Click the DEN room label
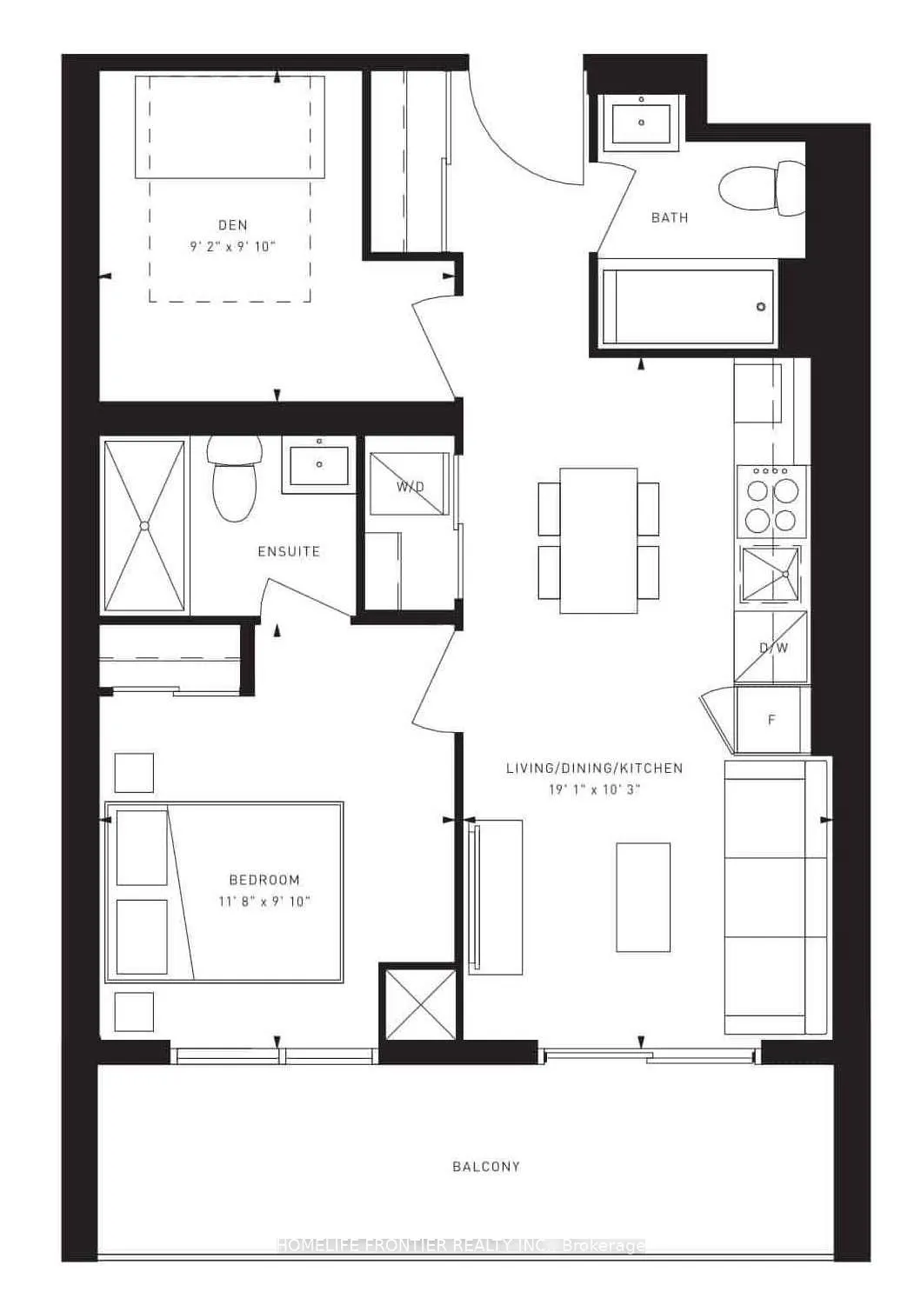(232, 225)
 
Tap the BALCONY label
(486, 1167)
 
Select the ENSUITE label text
(289, 551)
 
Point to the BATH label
(670, 217)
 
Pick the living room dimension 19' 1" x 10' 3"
(594, 789)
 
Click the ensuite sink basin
(319, 465)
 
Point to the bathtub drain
(761, 307)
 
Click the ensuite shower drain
(144, 526)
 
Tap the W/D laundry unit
(410, 486)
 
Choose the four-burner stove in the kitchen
(773, 500)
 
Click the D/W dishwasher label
(773, 648)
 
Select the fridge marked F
(771, 720)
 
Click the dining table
(598, 540)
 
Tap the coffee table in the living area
(644, 896)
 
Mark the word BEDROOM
(264, 880)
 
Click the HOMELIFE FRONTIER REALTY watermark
(461, 1245)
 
